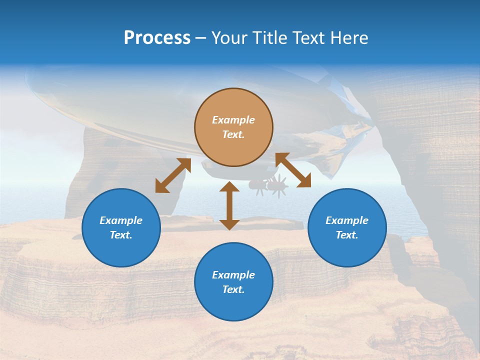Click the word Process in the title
coord(157,38)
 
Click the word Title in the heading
coord(270,38)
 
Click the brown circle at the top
coord(233,127)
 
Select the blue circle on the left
coord(121,227)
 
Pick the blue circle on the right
coord(347,227)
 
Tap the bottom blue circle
coord(233,281)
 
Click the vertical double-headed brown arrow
coord(229,205)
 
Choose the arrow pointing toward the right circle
coord(293,170)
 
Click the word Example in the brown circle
coord(233,120)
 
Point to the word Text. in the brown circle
coord(233,134)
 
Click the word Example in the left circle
coord(121,220)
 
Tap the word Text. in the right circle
coord(347,235)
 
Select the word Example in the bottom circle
coord(233,275)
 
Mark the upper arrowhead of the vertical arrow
coord(229,187)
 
